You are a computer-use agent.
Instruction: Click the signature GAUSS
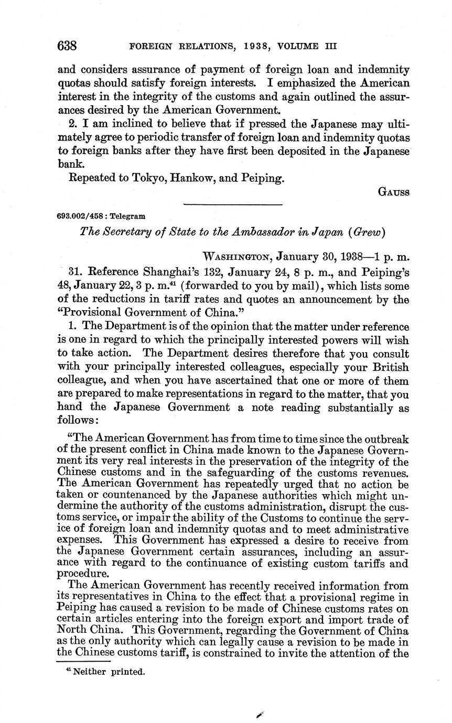[393, 192]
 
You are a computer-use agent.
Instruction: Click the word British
[387, 367]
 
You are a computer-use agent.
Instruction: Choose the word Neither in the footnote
[89, 672]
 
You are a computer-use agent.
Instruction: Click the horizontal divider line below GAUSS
[233, 204]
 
